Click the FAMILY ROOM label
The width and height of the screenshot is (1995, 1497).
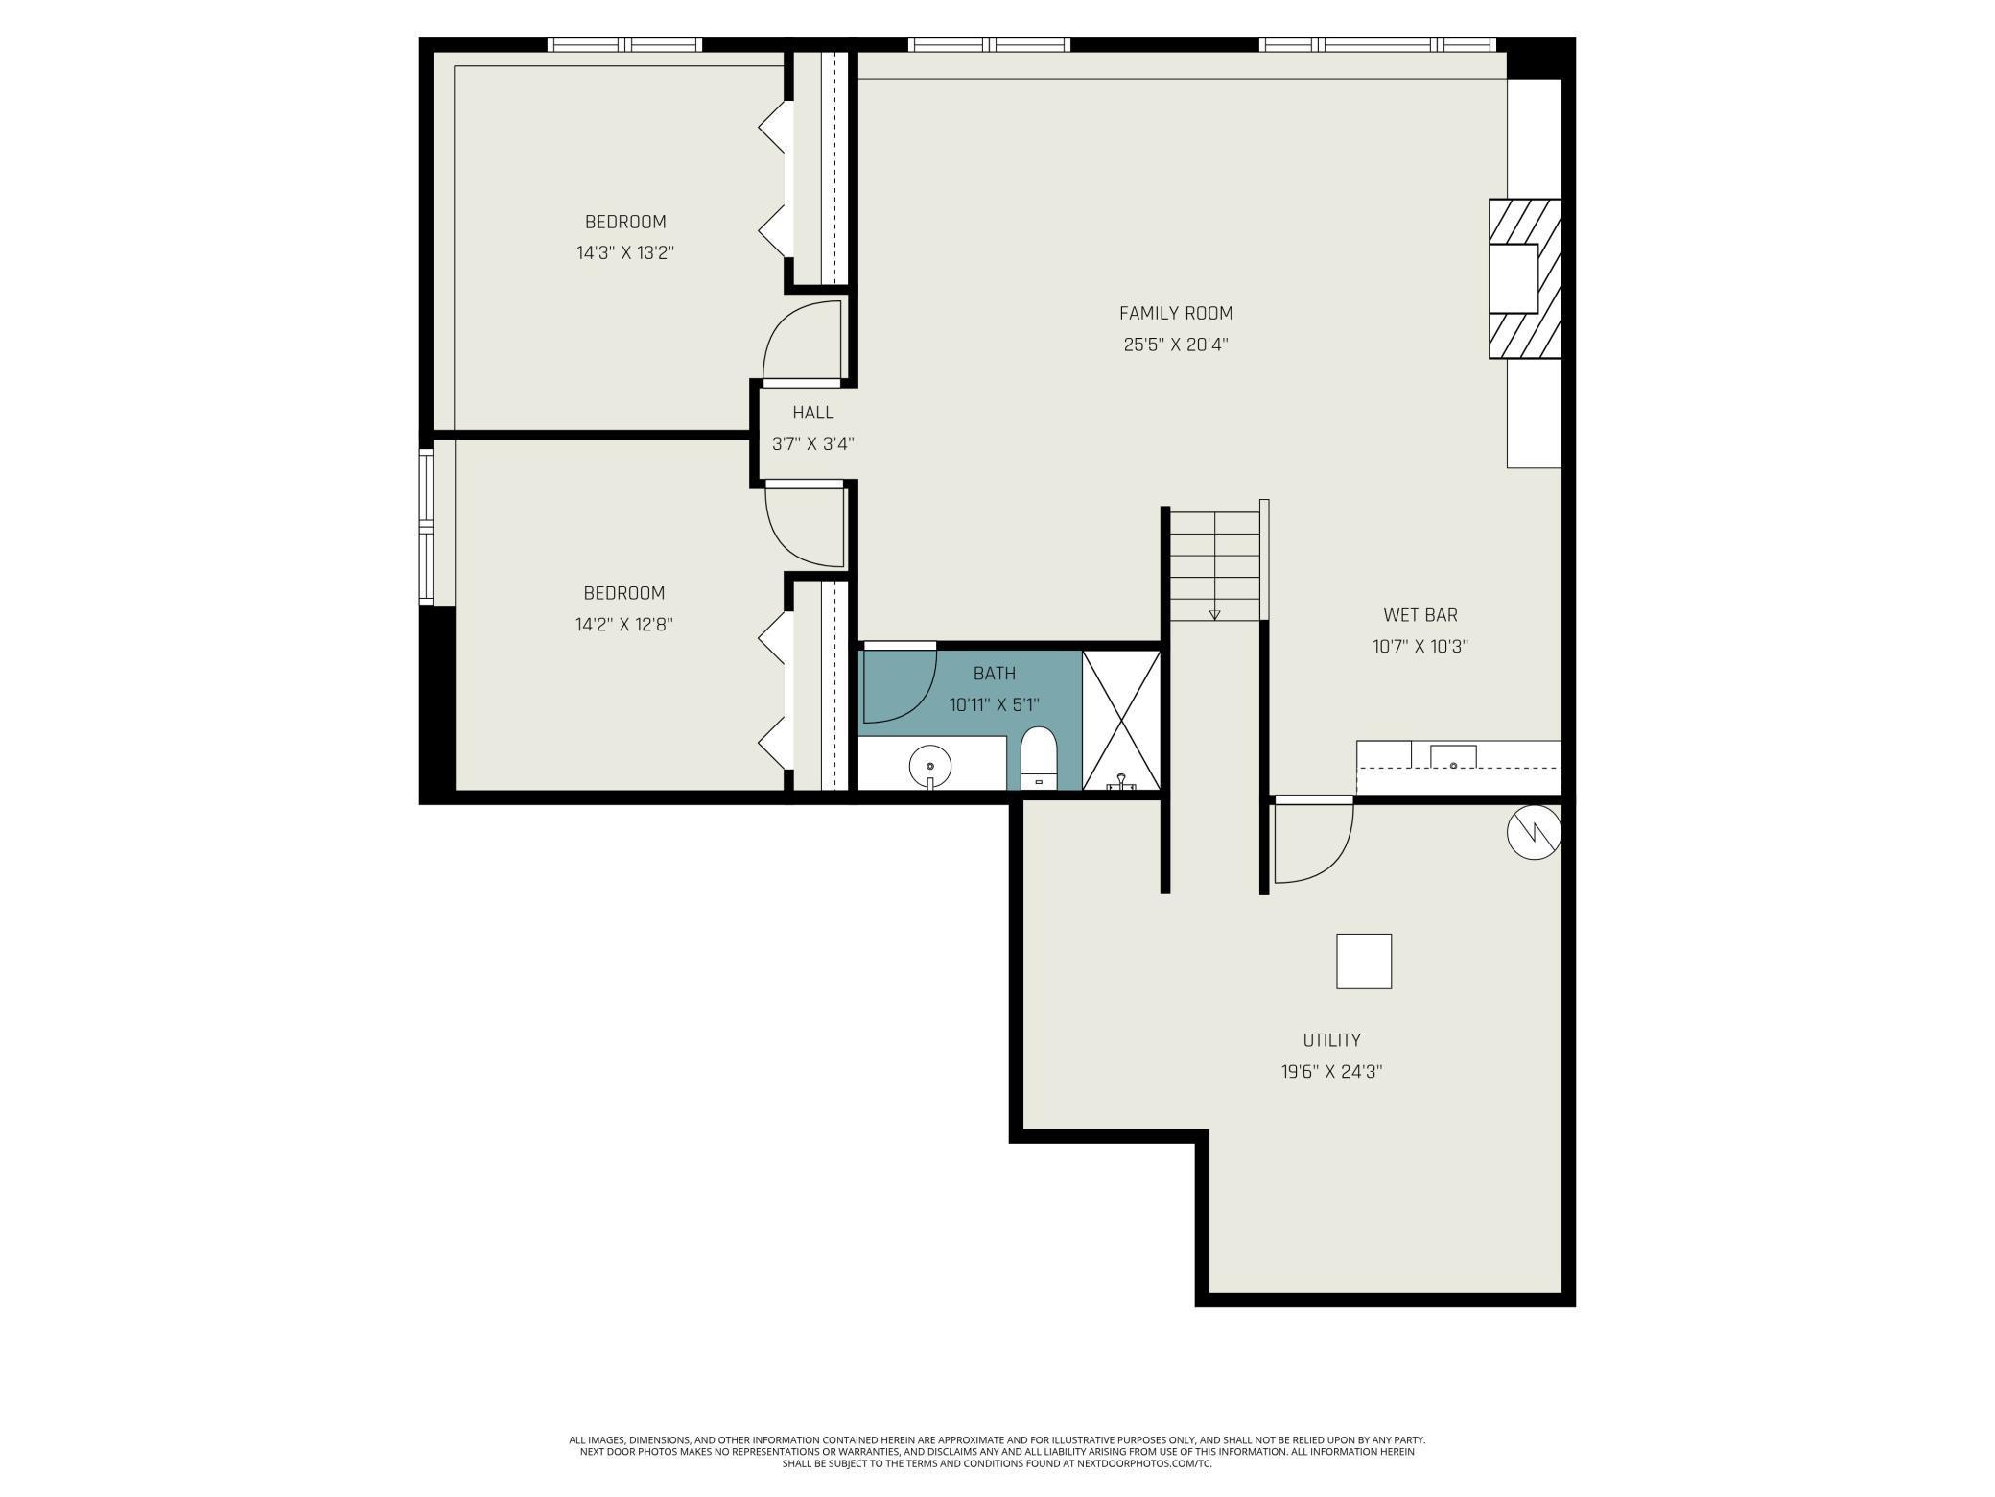[1176, 313]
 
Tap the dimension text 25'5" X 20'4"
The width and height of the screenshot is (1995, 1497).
[1176, 345]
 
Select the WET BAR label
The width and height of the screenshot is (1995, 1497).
[1420, 615]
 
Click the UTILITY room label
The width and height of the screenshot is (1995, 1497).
[1331, 1040]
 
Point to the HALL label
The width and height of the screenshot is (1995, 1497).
[812, 413]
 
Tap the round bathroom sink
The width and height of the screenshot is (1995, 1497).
[930, 766]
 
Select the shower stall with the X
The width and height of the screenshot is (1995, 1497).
[1121, 720]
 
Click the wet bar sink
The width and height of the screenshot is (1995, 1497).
[1453, 758]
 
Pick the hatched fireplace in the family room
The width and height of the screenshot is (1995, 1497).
[1524, 278]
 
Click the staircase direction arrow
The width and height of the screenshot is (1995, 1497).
[1214, 614]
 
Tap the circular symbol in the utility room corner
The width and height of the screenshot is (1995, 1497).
[1534, 832]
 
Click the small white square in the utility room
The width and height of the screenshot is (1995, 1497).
[1364, 961]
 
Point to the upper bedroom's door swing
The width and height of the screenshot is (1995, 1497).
[802, 342]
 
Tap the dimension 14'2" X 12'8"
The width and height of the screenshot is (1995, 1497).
[623, 625]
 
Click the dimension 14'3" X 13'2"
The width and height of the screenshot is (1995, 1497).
[624, 253]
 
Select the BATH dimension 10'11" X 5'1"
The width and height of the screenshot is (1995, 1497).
[994, 705]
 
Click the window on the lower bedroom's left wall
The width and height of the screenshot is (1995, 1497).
[426, 526]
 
